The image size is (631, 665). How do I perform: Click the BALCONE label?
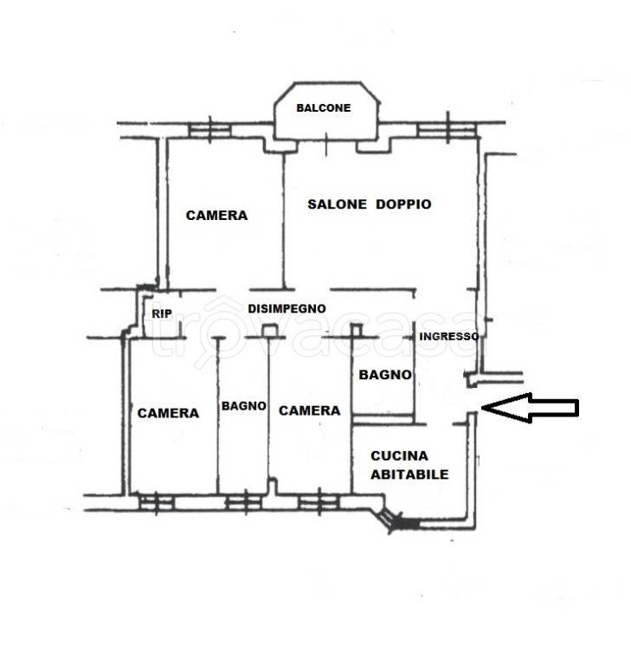[x=324, y=107]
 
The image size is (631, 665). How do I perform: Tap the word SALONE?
[x=337, y=204]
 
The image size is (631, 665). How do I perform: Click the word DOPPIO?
[x=403, y=204]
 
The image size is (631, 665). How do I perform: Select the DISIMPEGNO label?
[x=287, y=308]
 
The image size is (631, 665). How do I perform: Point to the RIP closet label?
[x=162, y=313]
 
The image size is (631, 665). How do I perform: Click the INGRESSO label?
[x=448, y=336]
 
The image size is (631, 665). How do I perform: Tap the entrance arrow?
[x=530, y=408]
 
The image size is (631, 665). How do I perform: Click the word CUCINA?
[x=399, y=456]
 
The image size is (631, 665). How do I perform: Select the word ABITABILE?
[x=409, y=475]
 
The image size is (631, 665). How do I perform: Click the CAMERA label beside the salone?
[x=216, y=216]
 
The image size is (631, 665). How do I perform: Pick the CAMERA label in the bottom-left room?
[x=168, y=413]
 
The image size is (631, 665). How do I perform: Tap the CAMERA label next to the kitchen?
[x=310, y=410]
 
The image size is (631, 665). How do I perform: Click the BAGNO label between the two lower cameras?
[x=244, y=406]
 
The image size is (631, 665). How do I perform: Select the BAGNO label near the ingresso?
[x=385, y=374]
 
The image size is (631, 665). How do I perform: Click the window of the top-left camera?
[x=210, y=130]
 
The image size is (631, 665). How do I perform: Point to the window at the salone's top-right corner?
[x=447, y=129]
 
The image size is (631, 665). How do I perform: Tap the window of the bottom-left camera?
[x=156, y=503]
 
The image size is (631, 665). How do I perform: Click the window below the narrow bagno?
[x=246, y=503]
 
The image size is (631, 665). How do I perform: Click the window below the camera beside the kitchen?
[x=319, y=502]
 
